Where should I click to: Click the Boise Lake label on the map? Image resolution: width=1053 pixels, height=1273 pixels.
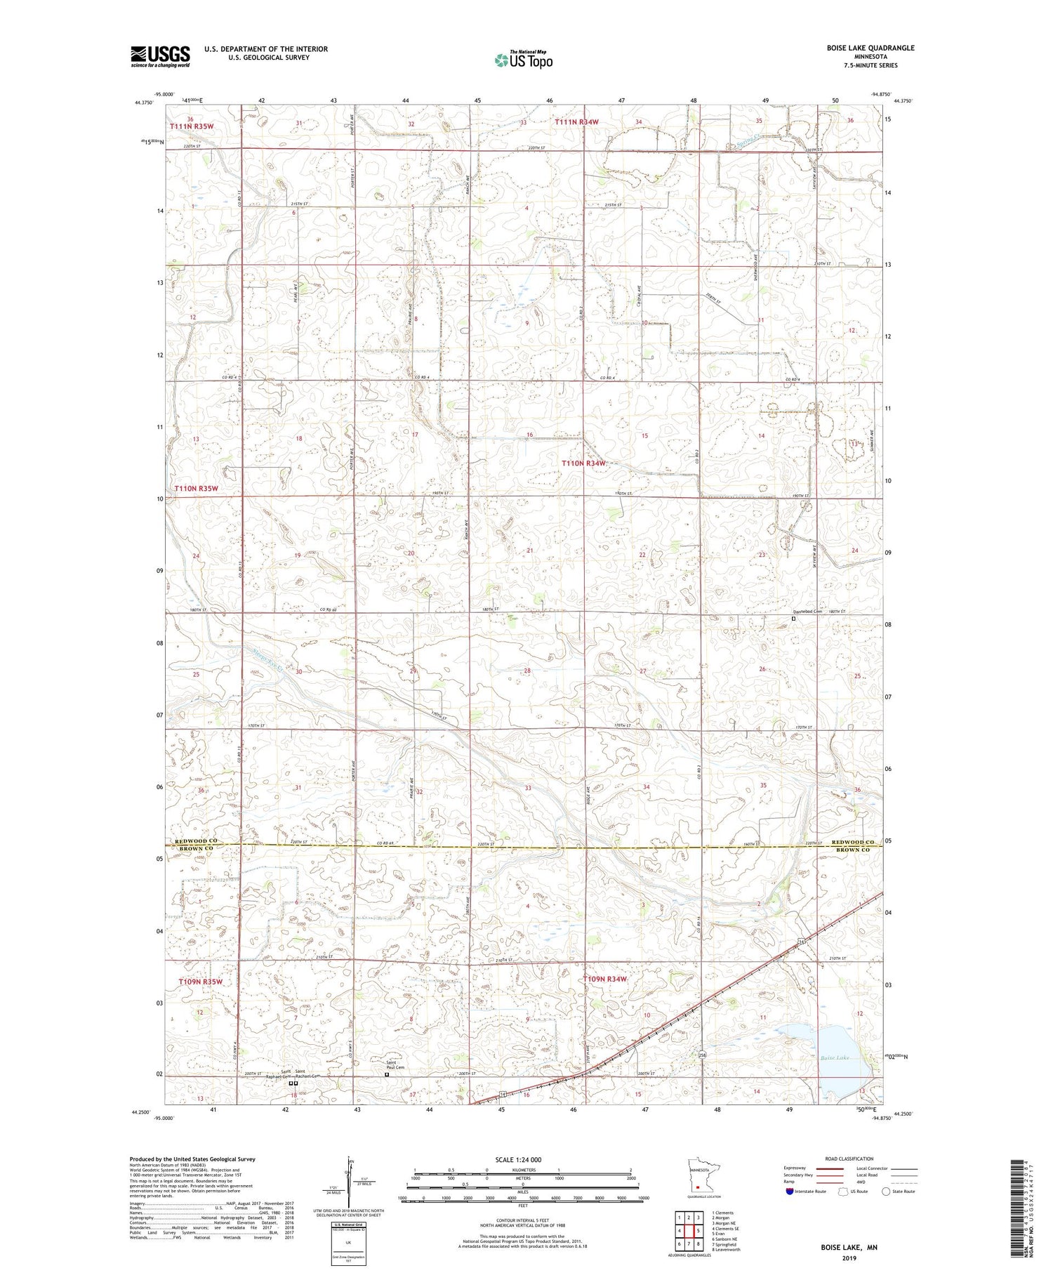pos(833,1057)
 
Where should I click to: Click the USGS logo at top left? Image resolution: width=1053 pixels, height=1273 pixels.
pos(160,56)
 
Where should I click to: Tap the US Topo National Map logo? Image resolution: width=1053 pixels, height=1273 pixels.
pos(523,60)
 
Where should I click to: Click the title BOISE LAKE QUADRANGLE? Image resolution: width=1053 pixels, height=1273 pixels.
pos(870,48)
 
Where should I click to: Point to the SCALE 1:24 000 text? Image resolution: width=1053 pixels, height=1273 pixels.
pos(522,1160)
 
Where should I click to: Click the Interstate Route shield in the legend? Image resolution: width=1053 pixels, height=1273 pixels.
pos(790,1192)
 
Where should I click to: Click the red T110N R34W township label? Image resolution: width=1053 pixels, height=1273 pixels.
pos(583,463)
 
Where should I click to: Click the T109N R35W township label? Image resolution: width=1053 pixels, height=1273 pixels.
pos(199,981)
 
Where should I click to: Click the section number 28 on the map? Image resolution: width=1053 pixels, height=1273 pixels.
pos(527,671)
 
